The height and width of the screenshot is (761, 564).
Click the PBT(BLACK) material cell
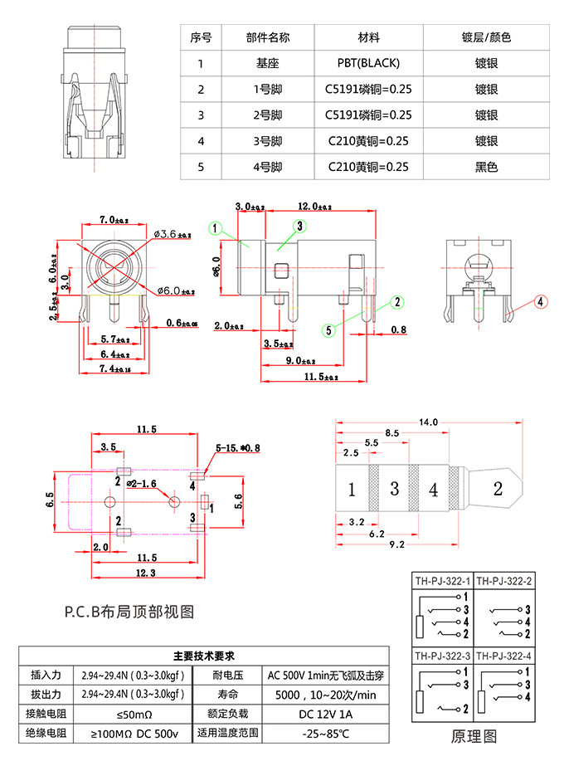click(x=368, y=62)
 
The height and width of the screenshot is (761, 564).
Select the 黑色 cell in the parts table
click(x=486, y=167)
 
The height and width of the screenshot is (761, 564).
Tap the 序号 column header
click(x=201, y=37)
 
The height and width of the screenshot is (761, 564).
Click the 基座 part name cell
click(x=268, y=62)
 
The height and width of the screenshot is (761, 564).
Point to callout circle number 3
click(x=300, y=226)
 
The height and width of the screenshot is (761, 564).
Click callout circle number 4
click(x=540, y=302)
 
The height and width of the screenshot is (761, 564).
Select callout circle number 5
click(x=329, y=330)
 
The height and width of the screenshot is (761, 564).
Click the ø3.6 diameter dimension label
click(x=172, y=235)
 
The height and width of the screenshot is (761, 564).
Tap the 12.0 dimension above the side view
click(x=315, y=207)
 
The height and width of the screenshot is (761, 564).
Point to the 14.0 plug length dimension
click(x=429, y=422)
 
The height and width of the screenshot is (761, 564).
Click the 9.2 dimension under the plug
click(x=396, y=544)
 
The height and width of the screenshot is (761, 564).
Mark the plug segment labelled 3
click(x=395, y=490)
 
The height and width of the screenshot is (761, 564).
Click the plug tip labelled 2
click(x=498, y=490)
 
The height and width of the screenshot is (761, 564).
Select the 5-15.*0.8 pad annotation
click(x=238, y=448)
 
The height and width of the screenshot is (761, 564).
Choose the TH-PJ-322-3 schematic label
click(x=442, y=655)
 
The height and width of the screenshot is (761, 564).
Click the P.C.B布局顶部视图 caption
click(x=129, y=612)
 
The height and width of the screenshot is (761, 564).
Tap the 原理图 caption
click(x=474, y=735)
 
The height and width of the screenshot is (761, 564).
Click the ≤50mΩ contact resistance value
click(x=132, y=714)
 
